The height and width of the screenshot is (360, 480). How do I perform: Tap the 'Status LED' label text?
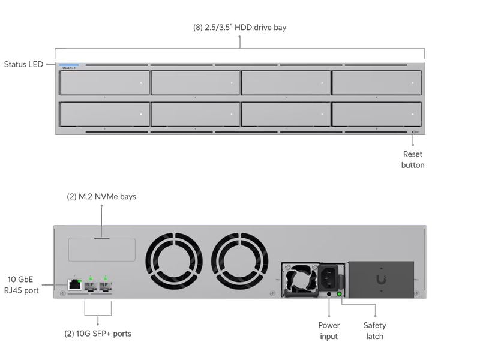[23, 64]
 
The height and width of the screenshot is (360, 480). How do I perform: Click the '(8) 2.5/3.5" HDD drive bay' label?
[239, 28]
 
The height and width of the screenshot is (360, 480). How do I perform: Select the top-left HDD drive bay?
[104, 83]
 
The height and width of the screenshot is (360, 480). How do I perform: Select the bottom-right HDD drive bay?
[376, 114]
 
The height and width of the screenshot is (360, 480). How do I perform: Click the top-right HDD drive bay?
[376, 83]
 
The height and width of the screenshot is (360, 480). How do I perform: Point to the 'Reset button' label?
[413, 160]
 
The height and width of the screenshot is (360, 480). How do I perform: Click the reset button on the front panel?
[413, 132]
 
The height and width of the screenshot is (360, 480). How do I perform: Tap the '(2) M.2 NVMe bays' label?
[101, 196]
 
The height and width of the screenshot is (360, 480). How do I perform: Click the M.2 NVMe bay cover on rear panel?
[101, 249]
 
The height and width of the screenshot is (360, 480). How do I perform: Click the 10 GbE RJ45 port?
[75, 284]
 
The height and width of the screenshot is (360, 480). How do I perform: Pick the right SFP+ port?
[106, 284]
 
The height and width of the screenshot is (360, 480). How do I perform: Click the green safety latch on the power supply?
[340, 294]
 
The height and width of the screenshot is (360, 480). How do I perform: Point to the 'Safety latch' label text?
[374, 331]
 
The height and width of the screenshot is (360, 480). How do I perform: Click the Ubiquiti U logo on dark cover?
[381, 280]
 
